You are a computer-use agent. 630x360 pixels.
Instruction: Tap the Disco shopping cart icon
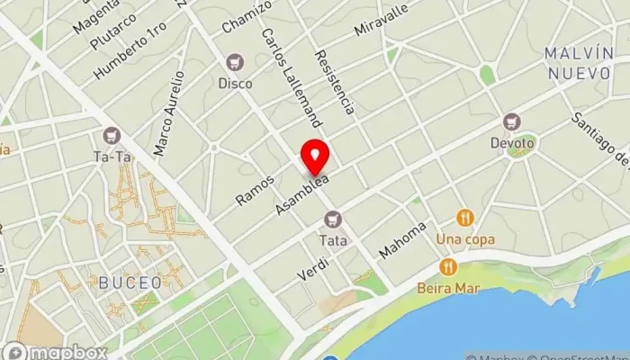click(x=235, y=62)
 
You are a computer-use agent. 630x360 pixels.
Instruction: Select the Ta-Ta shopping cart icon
click(x=112, y=136)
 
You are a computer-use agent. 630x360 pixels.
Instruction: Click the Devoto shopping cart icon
click(x=512, y=121)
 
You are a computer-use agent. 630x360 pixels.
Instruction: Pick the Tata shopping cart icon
click(x=333, y=219)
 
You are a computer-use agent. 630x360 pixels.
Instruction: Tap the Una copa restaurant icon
click(x=464, y=218)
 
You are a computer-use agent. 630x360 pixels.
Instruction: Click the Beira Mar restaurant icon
click(x=447, y=267)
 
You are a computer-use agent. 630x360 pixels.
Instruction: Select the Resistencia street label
click(x=333, y=82)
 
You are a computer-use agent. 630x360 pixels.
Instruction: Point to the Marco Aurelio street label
click(x=168, y=113)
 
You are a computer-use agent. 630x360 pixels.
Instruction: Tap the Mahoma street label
click(x=402, y=240)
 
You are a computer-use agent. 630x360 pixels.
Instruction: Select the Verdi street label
click(x=314, y=266)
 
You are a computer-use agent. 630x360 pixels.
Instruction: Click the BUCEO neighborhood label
click(x=130, y=283)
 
